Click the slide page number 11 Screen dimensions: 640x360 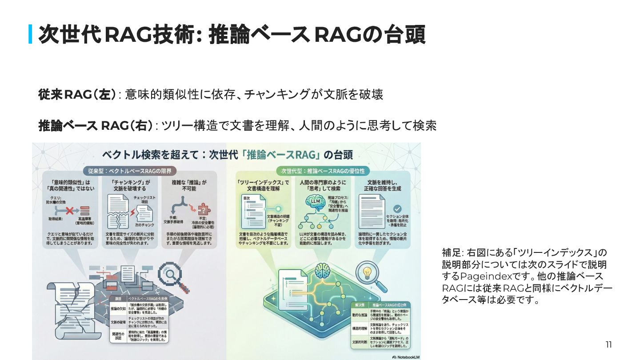point(608,344)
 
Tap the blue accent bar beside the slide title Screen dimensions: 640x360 point(30,35)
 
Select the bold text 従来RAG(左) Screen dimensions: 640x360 point(77,94)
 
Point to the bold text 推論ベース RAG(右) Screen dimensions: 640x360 point(96,126)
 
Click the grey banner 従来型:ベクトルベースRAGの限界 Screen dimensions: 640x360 point(129,171)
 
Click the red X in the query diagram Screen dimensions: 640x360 point(69,209)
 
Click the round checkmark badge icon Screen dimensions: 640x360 point(397,208)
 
